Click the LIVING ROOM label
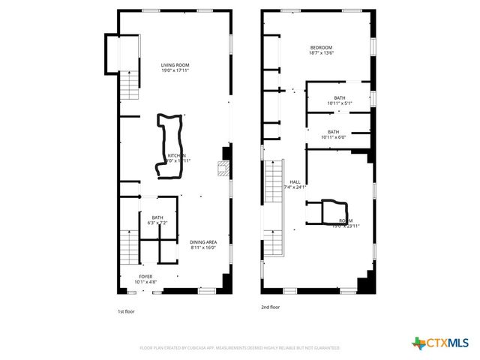pyautogui.click(x=175, y=65)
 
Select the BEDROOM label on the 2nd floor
pyautogui.click(x=321, y=46)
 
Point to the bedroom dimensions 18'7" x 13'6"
pyautogui.click(x=321, y=52)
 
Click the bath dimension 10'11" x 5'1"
pyautogui.click(x=340, y=103)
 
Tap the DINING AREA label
pyautogui.click(x=203, y=241)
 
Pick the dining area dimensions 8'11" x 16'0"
pyautogui.click(x=203, y=247)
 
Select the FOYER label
pyautogui.click(x=145, y=276)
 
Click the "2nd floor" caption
pyautogui.click(x=271, y=307)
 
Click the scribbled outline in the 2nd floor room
pyautogui.click(x=331, y=212)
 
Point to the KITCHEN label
pyautogui.click(x=177, y=155)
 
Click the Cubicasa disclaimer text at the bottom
pyautogui.click(x=239, y=348)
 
